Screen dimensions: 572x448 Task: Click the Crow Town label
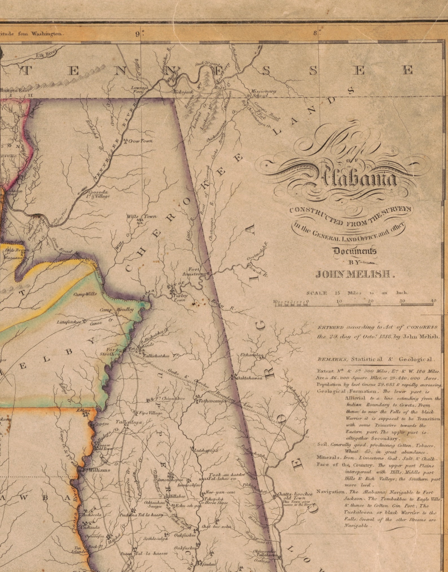[140, 141]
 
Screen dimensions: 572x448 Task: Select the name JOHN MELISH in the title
[355, 274]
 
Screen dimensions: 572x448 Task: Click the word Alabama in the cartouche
[358, 178]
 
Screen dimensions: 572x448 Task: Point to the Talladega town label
[129, 422]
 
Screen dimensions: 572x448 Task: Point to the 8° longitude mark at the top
[315, 33]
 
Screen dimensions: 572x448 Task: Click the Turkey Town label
[180, 298]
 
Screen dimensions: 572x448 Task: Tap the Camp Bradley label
[117, 310]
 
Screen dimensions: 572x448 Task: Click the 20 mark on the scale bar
[370, 301]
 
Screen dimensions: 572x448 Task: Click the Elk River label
[46, 54]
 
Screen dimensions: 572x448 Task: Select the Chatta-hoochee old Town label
[295, 496]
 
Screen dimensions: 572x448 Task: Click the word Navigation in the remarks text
[330, 491]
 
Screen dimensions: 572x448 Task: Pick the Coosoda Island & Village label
[99, 194]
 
